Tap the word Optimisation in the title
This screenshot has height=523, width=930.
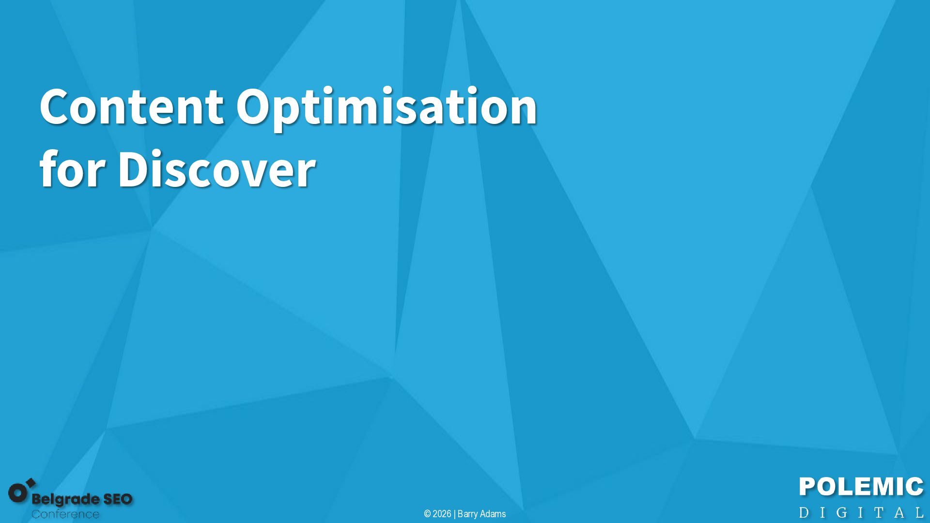pyautogui.click(x=387, y=108)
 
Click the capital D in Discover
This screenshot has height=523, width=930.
pyautogui.click(x=135, y=169)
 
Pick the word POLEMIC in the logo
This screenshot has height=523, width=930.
pyautogui.click(x=861, y=487)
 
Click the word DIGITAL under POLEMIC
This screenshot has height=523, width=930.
pyautogui.click(x=861, y=512)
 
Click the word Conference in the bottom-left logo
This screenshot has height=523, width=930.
pyautogui.click(x=65, y=514)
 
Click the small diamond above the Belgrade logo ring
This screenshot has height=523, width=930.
pyautogui.click(x=31, y=483)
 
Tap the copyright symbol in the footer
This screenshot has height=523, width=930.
pyautogui.click(x=427, y=514)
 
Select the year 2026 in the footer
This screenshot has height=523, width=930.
pyautogui.click(x=442, y=514)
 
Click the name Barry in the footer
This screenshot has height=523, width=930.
pyautogui.click(x=467, y=514)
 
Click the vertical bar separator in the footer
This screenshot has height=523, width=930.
pyautogui.click(x=454, y=514)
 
